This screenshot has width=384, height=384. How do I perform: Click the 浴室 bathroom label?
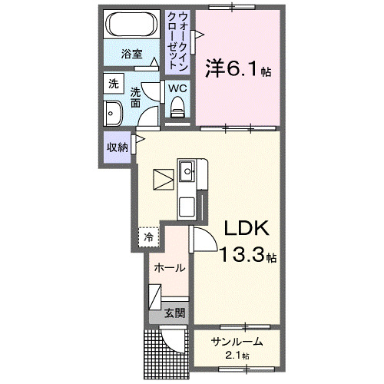pyautogui.click(x=132, y=54)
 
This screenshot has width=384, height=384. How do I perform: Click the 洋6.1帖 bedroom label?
pyautogui.click(x=237, y=69)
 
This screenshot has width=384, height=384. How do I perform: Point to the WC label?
pyautogui.click(x=177, y=88)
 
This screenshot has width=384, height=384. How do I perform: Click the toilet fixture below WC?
pyautogui.click(x=178, y=111)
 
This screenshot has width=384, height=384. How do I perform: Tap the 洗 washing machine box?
pyautogui.click(x=114, y=83)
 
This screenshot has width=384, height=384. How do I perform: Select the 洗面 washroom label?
pyautogui.click(x=136, y=97)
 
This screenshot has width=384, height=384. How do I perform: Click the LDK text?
pyautogui.click(x=247, y=229)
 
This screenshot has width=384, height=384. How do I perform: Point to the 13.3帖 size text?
pyautogui.click(x=248, y=256)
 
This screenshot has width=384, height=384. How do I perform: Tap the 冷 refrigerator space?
pyautogui.click(x=148, y=237)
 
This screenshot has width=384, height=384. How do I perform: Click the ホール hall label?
pyautogui.click(x=169, y=268)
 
